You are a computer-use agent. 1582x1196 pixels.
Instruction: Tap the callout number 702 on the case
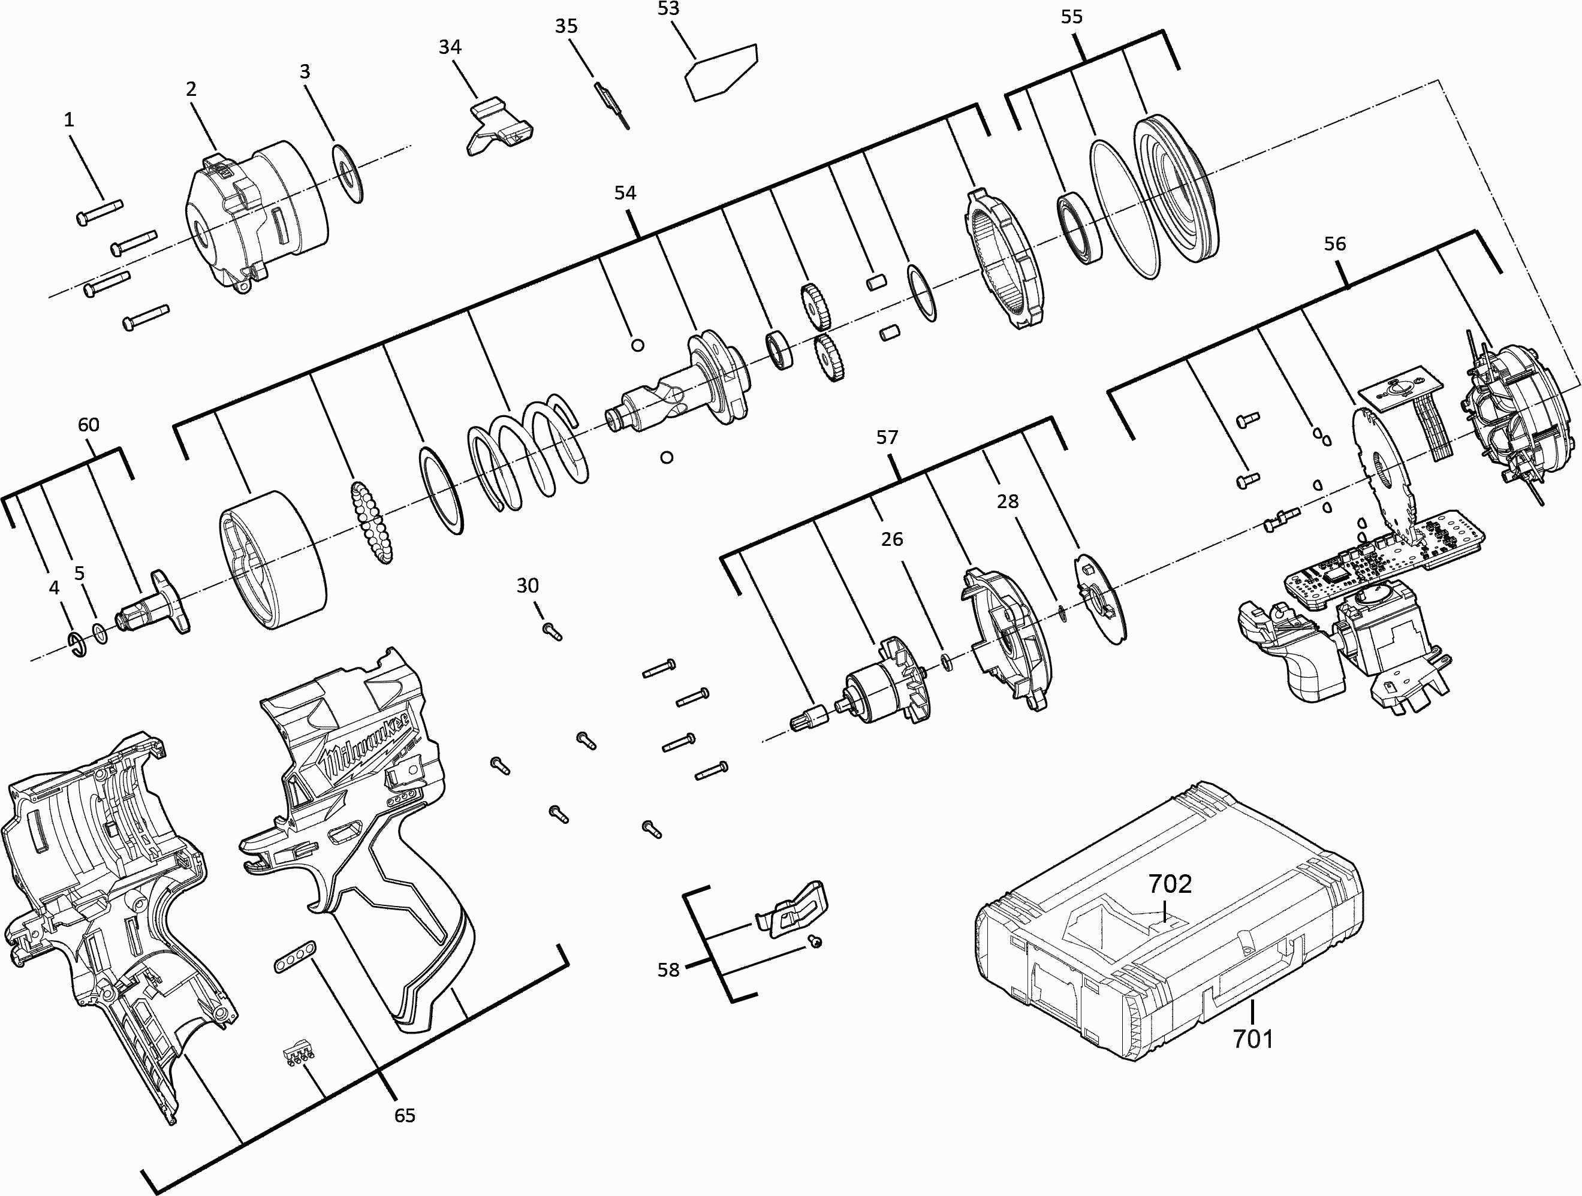[1170, 884]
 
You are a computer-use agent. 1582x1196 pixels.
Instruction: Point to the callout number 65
[405, 1115]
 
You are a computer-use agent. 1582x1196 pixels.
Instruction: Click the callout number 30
[528, 585]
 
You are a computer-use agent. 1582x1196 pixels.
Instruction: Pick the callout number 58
[668, 970]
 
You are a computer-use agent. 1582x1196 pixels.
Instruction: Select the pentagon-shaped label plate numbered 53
[721, 71]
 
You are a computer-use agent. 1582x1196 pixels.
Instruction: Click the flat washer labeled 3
[348, 174]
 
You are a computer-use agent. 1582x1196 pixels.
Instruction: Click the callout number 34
[450, 47]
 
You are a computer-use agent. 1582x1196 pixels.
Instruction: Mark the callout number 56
[1334, 244]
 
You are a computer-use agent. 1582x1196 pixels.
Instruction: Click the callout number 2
[191, 89]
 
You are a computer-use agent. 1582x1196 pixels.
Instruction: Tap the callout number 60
[89, 425]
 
